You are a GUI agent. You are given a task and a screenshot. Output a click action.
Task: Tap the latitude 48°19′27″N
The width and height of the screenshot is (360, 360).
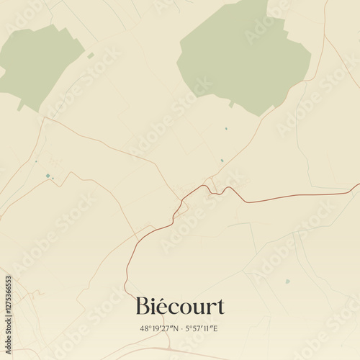coord(159,328)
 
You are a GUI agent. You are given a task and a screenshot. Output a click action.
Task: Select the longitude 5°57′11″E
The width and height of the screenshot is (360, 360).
coord(201,328)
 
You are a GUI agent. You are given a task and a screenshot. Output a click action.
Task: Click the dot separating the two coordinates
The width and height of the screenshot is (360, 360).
coord(180,328)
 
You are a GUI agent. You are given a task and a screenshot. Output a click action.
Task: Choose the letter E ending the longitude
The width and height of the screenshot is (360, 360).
coord(216,328)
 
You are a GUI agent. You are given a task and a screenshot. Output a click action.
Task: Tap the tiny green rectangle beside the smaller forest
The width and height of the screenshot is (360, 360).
coord(91,55)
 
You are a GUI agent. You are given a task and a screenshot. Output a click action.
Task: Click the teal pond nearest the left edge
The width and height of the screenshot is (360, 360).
coord(48,176)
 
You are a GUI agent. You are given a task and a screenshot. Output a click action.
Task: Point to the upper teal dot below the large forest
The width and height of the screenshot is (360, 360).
coord(225,129)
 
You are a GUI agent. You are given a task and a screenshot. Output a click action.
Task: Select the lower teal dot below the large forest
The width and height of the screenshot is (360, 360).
coord(222,160)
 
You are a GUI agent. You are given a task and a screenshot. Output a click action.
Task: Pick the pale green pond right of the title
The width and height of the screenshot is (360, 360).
coord(287,281)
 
